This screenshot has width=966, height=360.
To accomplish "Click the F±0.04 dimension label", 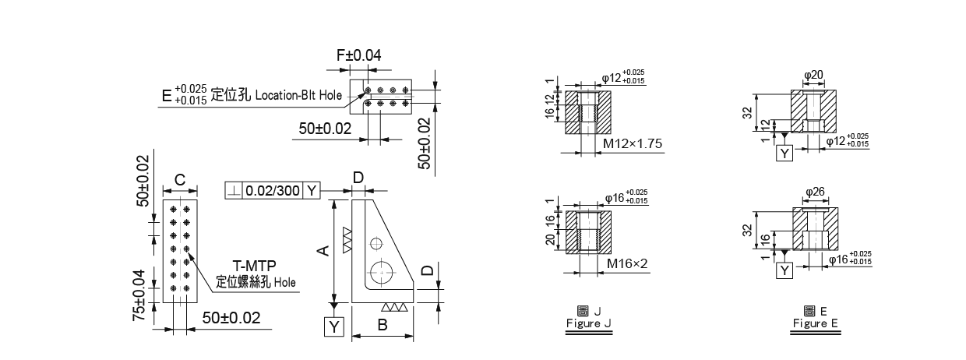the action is (359, 55).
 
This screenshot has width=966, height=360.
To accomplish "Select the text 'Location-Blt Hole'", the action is (298, 95).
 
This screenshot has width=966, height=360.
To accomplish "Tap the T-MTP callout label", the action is (254, 266).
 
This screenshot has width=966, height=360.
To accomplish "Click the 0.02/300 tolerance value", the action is (272, 191).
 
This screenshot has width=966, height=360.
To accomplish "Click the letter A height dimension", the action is (323, 250).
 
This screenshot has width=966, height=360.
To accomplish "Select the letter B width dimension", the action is (383, 325).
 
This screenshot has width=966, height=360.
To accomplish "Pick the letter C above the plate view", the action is (180, 180).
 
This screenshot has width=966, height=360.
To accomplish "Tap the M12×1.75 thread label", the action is (633, 143).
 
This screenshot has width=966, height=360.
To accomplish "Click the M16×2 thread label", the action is (627, 263).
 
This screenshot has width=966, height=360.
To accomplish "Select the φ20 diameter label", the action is (813, 75).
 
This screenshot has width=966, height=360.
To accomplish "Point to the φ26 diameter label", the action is (815, 192).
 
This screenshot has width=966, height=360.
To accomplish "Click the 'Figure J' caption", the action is (589, 323).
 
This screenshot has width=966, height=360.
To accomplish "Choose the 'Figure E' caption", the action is (815, 323).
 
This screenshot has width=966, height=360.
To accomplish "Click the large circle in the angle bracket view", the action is (382, 273).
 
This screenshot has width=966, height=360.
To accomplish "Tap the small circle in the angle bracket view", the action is (376, 244).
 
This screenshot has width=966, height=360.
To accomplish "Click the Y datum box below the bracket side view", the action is (334, 326).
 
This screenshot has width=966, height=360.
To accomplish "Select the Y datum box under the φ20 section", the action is (784, 153).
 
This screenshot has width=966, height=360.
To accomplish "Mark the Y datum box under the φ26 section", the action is (784, 270).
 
